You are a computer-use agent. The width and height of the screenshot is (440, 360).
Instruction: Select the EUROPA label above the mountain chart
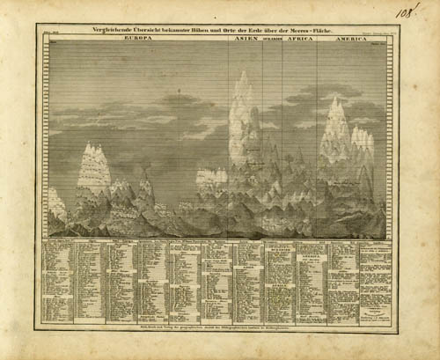[x=140, y=39]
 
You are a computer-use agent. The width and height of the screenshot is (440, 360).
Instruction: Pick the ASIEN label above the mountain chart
[x=240, y=39]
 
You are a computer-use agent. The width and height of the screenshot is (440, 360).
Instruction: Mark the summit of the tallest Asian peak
[x=242, y=74]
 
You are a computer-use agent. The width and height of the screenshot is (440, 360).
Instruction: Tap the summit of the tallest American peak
[x=335, y=99]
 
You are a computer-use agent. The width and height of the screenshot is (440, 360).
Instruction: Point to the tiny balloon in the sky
[x=181, y=92]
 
